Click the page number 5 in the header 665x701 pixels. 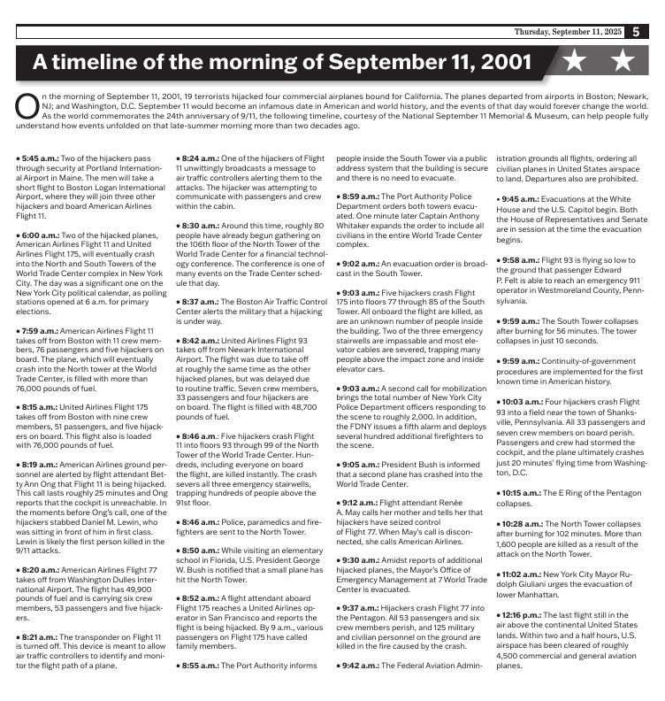637,32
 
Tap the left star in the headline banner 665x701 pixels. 576,62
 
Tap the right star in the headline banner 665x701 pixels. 623,62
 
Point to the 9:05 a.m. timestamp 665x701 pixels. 359,463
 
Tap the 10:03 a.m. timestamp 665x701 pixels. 522,402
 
